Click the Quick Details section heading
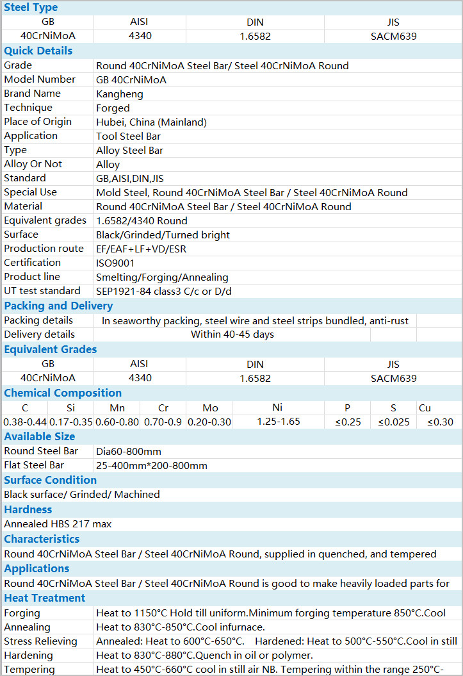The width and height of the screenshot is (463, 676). [x=38, y=51]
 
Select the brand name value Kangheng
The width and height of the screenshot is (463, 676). [x=120, y=94]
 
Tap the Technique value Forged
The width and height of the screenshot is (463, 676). [x=113, y=108]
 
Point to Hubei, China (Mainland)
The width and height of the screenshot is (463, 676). [x=151, y=122]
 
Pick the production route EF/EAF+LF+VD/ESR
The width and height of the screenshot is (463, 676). [x=141, y=249]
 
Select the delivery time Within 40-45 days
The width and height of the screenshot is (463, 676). [x=232, y=334]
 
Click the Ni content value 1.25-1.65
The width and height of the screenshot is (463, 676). [x=278, y=422]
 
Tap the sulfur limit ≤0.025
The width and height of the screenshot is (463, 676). [x=393, y=422]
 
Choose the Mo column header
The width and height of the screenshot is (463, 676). [x=210, y=408]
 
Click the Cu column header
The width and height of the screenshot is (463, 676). [x=425, y=408]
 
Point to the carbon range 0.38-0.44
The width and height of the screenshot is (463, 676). [x=24, y=422]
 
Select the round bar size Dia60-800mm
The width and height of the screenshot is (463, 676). [x=129, y=451]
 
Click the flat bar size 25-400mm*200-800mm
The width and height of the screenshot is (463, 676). [x=152, y=465]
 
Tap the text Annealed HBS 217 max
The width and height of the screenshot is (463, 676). [x=58, y=523]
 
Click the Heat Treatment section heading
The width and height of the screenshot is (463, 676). [x=44, y=598]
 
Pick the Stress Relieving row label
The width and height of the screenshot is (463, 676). [x=40, y=641]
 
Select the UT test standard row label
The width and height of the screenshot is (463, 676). [x=42, y=291]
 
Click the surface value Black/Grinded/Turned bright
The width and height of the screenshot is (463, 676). [x=163, y=235]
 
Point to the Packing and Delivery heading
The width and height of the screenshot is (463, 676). [x=58, y=306]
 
